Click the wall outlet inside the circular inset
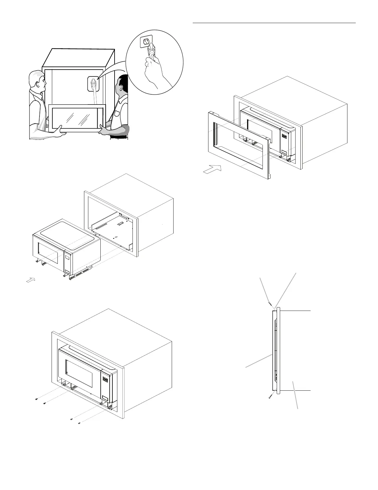point(146,41)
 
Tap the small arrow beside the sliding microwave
point(30,280)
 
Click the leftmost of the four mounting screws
point(36,399)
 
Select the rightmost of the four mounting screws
point(79,423)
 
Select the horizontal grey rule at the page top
point(274,23)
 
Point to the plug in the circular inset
point(151,49)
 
